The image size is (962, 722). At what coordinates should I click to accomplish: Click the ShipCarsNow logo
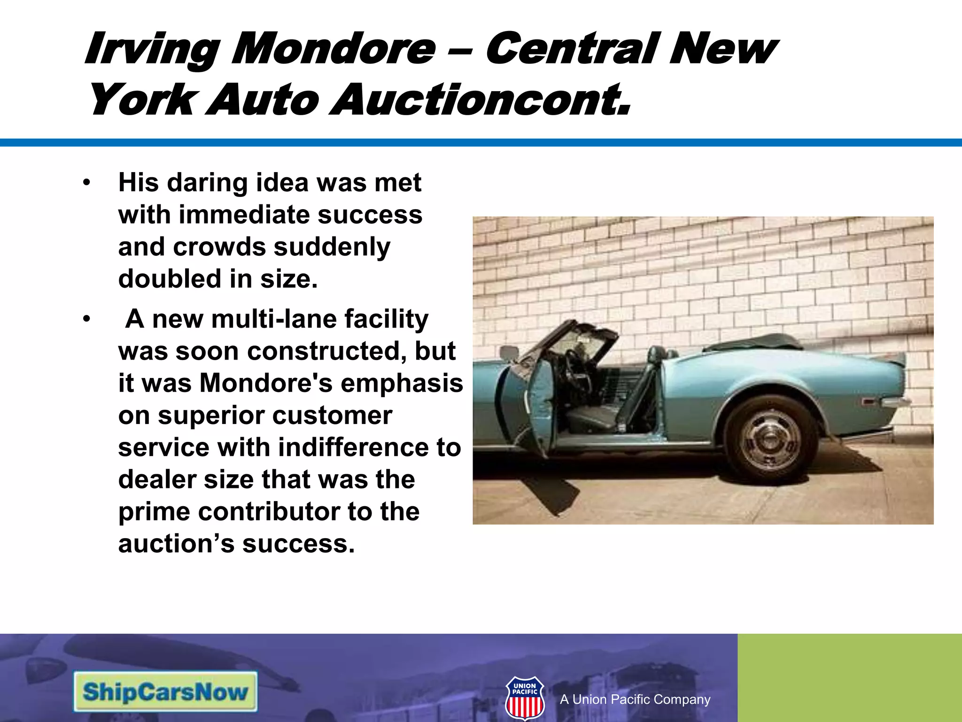165,692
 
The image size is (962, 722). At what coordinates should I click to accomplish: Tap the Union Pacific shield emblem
525,698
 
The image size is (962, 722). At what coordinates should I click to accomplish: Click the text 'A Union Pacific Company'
635,699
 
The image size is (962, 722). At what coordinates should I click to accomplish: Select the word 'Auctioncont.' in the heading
480,100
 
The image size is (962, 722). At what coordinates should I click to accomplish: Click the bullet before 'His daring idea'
86,183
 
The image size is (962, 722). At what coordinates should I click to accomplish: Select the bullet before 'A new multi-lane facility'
86,319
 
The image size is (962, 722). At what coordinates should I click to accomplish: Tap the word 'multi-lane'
274,319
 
